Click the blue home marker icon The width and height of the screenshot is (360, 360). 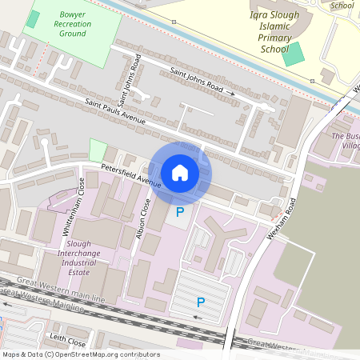[x=180, y=173]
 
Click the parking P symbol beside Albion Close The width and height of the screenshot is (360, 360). [x=180, y=212]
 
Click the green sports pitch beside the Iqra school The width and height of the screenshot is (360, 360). [x=294, y=54]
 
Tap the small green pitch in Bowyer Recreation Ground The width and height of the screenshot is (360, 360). [x=33, y=19]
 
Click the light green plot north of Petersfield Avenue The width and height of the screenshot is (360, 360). [x=98, y=150]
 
